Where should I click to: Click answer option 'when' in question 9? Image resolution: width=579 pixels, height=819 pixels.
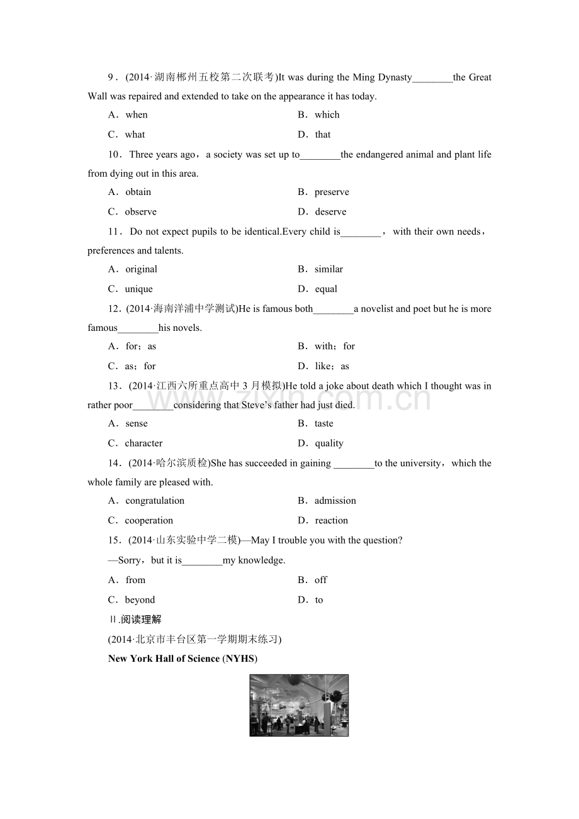tap(136, 114)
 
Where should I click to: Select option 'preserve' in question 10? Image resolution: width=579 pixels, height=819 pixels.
tap(332, 192)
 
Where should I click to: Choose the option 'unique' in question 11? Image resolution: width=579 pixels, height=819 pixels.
tap(138, 289)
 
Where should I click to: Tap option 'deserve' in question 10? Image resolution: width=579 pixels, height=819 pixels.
tap(330, 211)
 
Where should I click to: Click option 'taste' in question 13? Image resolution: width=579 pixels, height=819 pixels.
tap(324, 423)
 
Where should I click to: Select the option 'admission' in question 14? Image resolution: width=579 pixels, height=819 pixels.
tap(335, 501)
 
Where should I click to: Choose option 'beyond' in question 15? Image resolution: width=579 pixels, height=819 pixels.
tap(140, 599)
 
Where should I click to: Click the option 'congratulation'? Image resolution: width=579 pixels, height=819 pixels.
tap(155, 501)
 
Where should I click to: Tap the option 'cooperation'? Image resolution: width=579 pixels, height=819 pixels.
tap(149, 520)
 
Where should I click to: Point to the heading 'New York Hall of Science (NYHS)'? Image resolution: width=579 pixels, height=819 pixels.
tap(183, 659)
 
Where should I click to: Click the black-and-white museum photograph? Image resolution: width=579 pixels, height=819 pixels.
tap(299, 705)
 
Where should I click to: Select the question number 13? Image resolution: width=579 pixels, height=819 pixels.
tap(114, 386)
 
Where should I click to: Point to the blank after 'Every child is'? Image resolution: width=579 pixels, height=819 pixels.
tap(361, 232)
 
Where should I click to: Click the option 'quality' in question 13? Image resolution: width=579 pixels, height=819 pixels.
tap(329, 443)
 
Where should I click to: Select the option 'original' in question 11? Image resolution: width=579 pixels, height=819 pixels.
tap(141, 269)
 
